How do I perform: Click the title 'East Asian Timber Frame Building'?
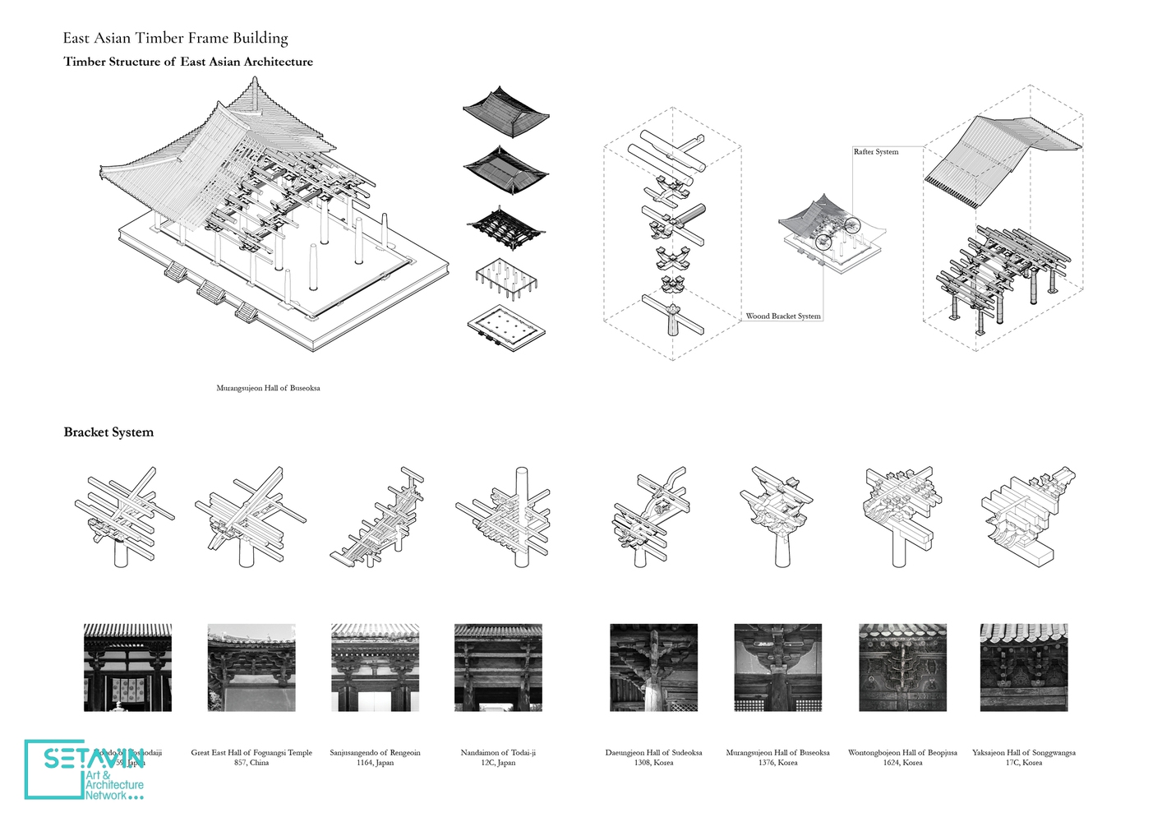click(x=175, y=38)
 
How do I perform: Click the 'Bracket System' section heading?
click(x=108, y=432)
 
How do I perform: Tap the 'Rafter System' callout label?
click(x=875, y=152)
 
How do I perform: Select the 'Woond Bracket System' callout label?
click(x=782, y=316)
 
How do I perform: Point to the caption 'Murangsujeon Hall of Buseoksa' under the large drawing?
click(x=268, y=388)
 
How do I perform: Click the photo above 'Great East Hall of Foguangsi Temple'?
click(x=251, y=667)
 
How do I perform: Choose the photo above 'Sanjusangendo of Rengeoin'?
click(x=375, y=667)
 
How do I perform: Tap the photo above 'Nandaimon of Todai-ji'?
click(x=498, y=667)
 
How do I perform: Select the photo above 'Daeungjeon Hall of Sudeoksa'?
click(x=653, y=667)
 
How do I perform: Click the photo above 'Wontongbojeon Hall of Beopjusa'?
click(x=902, y=667)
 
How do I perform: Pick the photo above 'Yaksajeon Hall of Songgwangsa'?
click(x=1024, y=667)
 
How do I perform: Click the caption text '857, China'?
click(x=251, y=763)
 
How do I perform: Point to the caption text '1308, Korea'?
click(x=653, y=763)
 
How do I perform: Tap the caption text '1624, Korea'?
click(x=902, y=763)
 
